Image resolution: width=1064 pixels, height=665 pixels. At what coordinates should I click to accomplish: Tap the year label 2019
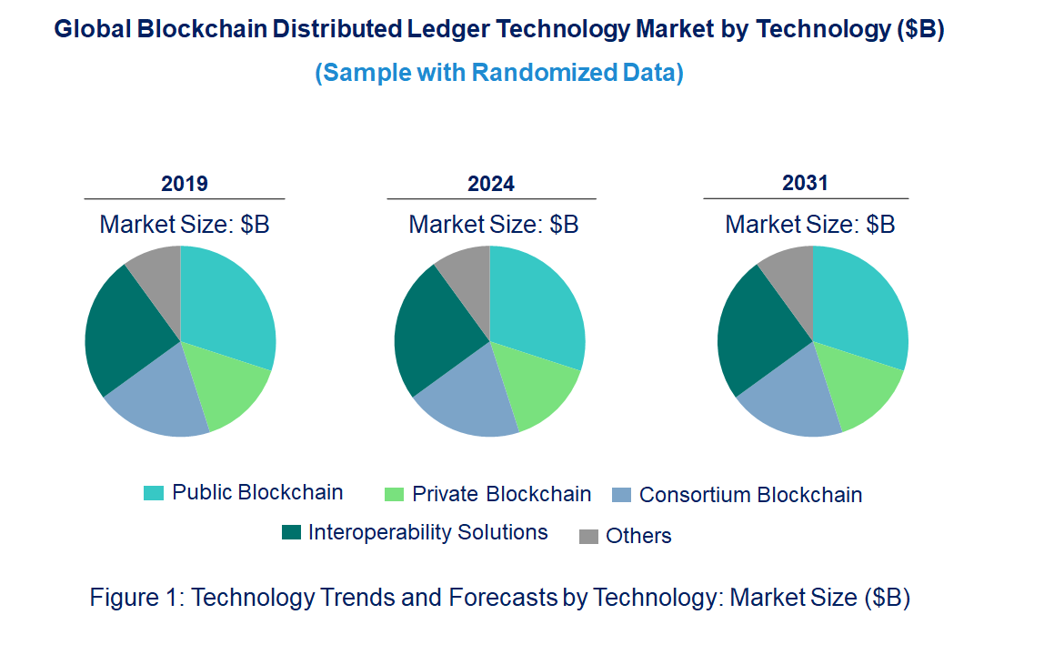(x=185, y=184)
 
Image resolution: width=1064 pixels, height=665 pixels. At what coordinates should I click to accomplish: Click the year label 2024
(x=491, y=184)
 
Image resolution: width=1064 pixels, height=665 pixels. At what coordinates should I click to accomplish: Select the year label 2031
(x=806, y=183)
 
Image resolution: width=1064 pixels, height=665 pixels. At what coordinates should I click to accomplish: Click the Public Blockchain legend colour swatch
(x=154, y=493)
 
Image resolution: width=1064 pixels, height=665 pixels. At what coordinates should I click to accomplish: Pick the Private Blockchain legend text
(x=501, y=495)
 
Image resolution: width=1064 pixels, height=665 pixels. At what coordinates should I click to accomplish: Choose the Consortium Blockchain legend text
(x=750, y=496)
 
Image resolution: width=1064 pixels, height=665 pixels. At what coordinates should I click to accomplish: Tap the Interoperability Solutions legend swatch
(x=291, y=533)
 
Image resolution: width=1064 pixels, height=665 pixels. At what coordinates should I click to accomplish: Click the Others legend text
(x=638, y=537)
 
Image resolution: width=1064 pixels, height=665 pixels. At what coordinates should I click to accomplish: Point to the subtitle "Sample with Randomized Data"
(x=499, y=73)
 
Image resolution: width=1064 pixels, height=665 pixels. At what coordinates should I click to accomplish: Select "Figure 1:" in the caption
(x=137, y=598)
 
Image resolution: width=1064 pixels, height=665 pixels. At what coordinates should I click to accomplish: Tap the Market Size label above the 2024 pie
(x=493, y=224)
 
